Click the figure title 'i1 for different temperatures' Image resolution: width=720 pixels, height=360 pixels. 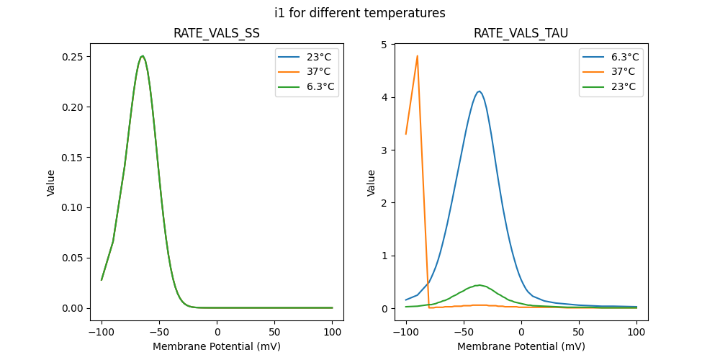(x=360, y=13)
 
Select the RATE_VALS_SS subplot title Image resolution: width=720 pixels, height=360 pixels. (x=217, y=34)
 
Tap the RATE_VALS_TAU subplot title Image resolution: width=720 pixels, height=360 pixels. (x=521, y=34)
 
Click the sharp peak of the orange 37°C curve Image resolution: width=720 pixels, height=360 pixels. (x=418, y=56)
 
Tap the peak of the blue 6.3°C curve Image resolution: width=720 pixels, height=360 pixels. (x=479, y=91)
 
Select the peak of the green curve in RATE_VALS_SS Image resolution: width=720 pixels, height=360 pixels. (x=143, y=56)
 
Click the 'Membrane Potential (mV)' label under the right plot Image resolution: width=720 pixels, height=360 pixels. (x=521, y=346)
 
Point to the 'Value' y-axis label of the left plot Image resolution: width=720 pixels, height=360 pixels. (x=51, y=183)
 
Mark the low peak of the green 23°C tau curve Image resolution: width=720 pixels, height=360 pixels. (x=478, y=285)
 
